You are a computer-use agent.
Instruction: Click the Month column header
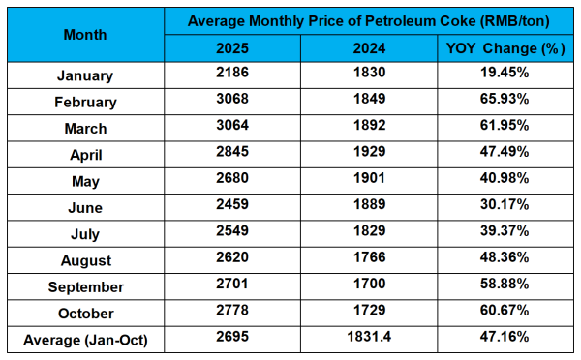coord(84,34)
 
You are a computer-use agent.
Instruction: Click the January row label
coord(84,75)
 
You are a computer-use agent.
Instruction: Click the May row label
coord(84,181)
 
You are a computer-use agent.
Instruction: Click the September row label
coord(84,287)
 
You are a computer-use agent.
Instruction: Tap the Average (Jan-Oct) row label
coord(84,340)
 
